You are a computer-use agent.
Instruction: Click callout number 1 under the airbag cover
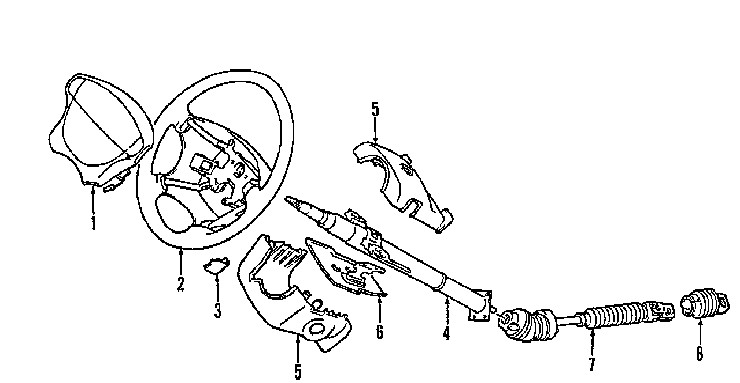tap(94, 223)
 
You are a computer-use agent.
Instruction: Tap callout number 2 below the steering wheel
tap(180, 284)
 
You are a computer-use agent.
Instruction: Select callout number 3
tap(217, 311)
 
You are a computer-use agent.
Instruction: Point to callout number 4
tap(446, 333)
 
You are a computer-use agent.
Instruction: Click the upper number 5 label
tap(375, 109)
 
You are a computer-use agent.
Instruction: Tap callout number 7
tap(591, 364)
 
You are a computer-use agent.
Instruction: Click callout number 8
tap(699, 353)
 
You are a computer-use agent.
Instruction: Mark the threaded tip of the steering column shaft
tap(293, 200)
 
